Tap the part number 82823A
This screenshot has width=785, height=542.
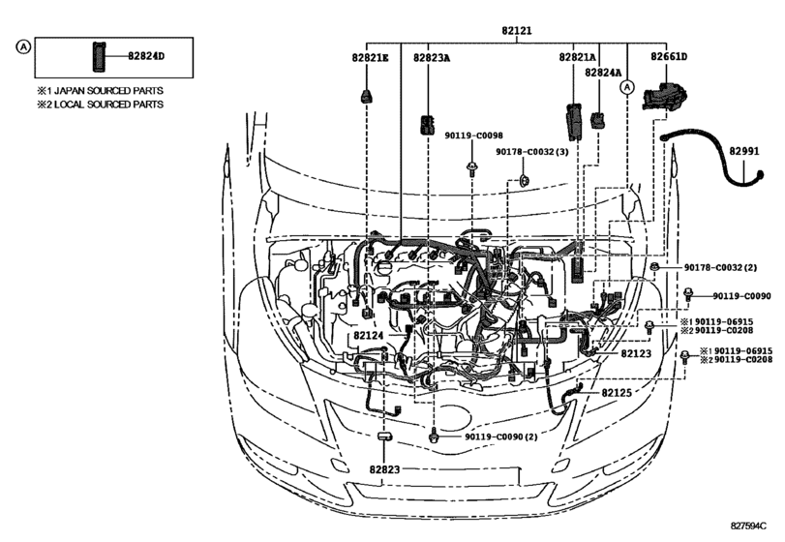(x=431, y=59)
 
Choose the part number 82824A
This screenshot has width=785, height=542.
(x=603, y=73)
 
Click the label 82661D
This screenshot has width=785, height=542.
(x=670, y=59)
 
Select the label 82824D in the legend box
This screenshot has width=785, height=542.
(x=146, y=56)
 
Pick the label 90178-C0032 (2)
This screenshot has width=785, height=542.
(x=719, y=267)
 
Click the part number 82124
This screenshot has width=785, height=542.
(x=369, y=336)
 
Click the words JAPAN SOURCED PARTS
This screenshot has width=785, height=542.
(x=106, y=90)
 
